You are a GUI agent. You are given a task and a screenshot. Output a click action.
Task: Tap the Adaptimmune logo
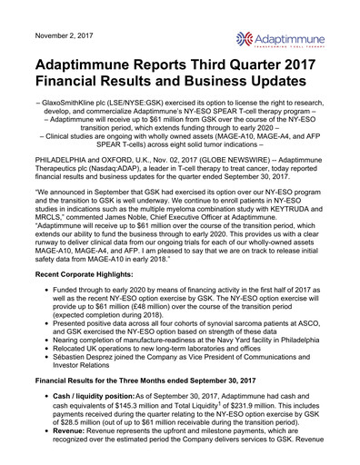(290, 37)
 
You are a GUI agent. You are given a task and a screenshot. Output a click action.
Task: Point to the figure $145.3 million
(144, 417)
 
